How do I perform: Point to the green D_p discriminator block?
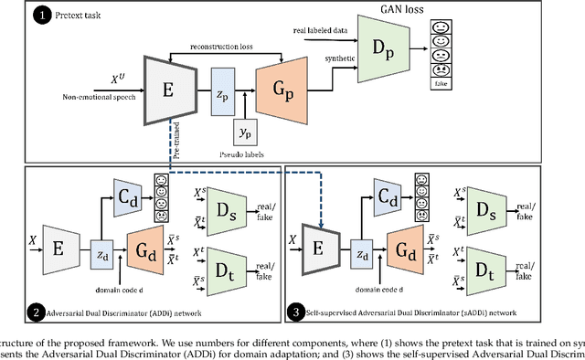[382, 56]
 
